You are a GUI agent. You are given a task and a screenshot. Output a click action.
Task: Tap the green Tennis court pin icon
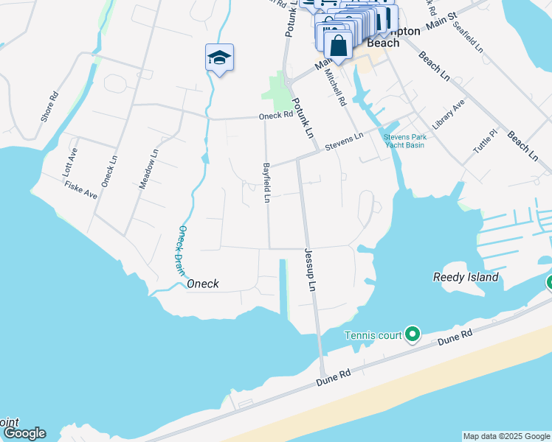pyautogui.click(x=413, y=336)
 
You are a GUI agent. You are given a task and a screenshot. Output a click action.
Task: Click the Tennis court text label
pyautogui.click(x=374, y=336)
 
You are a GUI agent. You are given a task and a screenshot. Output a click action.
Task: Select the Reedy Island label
pyautogui.click(x=465, y=278)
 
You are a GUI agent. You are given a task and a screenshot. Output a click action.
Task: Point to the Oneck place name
pyautogui.click(x=202, y=284)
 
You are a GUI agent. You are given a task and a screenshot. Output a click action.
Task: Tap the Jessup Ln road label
pyautogui.click(x=310, y=268)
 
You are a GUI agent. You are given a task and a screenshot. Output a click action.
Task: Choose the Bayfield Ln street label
pyautogui.click(x=267, y=182)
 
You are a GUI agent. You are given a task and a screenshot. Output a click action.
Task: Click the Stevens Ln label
pyautogui.click(x=345, y=140)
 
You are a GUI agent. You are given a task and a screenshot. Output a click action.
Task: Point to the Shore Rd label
pyautogui.click(x=49, y=107)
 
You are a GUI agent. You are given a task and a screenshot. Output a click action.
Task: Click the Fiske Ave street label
pyautogui.click(x=81, y=190)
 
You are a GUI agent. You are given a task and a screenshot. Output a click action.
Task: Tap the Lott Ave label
pyautogui.click(x=69, y=163)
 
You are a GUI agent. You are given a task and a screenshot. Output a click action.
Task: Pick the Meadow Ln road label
pyautogui.click(x=149, y=170)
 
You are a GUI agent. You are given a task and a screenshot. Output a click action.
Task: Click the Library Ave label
pyautogui.click(x=449, y=115)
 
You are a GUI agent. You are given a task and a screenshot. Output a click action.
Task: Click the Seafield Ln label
pyautogui.click(x=468, y=36)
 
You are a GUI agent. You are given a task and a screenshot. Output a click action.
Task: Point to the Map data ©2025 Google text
pyautogui.click(x=506, y=436)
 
